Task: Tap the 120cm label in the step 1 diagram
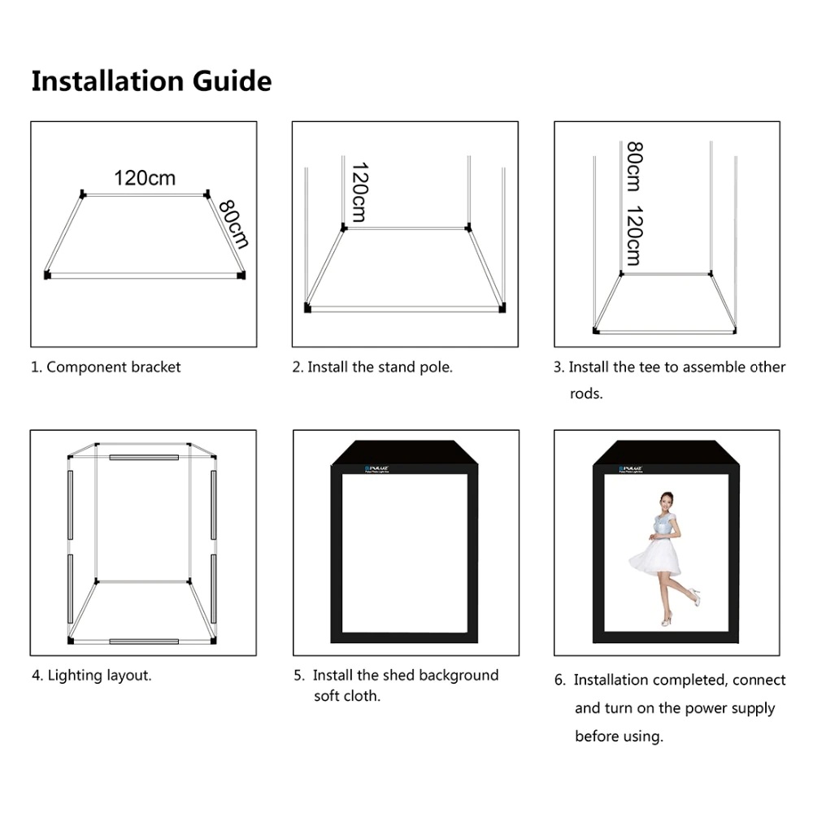(x=144, y=178)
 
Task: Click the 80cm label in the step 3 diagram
(x=635, y=167)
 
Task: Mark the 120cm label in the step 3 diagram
(x=635, y=236)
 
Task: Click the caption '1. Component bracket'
(x=106, y=367)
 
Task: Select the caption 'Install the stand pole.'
(x=380, y=367)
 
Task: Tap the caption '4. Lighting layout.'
(x=91, y=675)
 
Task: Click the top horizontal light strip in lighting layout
(x=144, y=458)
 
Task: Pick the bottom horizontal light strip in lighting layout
(x=144, y=641)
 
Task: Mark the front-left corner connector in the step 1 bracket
(x=47, y=276)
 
